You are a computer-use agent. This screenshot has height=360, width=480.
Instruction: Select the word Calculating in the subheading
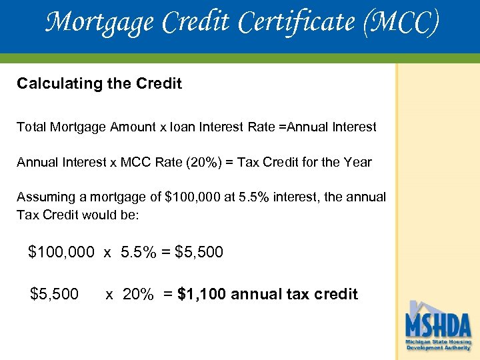(54, 84)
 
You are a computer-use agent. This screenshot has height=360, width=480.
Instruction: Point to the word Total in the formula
(31, 127)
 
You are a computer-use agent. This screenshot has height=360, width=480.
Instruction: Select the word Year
(356, 162)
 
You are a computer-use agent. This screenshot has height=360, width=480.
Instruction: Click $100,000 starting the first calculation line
(61, 252)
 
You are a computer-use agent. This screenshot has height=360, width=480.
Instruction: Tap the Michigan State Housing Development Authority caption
(438, 345)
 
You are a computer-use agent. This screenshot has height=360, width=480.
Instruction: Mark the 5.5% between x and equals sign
(139, 252)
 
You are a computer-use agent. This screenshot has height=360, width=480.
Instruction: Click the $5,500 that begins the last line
(55, 294)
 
